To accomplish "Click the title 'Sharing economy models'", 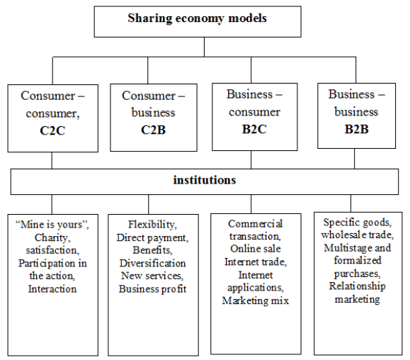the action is coord(197,18).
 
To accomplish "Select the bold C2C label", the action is coord(52,130).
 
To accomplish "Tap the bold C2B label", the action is coord(153,130).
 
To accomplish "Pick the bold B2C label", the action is coord(254,129).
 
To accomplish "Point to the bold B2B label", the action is coord(356,129).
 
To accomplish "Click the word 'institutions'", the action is coord(205,180).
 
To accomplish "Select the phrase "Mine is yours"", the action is coord(51,225).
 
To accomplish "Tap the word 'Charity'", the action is coord(51,237).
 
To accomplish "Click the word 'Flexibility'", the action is coord(151,224).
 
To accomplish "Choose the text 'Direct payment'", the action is coord(151,237).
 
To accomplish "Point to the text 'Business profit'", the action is coord(153,289).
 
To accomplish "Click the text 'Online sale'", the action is coord(256,249).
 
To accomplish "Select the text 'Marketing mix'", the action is coord(256,300).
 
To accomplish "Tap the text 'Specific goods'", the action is coord(356,223).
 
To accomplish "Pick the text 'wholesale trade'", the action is coord(356,235).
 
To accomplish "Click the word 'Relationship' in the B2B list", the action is coord(357,286).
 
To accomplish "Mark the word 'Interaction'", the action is coord(52,289).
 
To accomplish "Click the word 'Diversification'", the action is coord(153,263).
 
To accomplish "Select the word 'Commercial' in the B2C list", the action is coord(256,224).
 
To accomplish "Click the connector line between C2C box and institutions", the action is coord(52,160).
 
